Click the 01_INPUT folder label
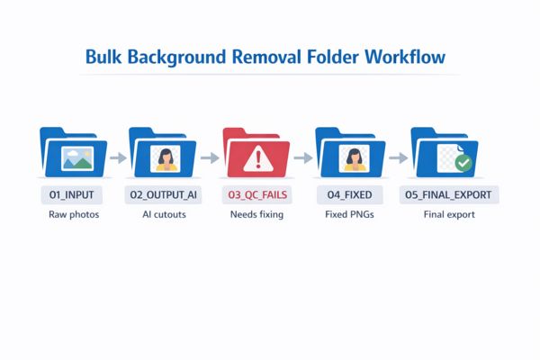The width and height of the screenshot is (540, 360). click(x=72, y=194)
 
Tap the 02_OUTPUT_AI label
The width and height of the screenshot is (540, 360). click(x=164, y=194)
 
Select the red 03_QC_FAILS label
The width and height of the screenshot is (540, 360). click(x=257, y=194)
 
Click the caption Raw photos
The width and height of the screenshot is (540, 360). click(x=72, y=216)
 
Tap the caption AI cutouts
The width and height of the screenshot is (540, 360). click(x=164, y=216)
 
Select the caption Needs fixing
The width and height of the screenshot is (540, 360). click(x=257, y=216)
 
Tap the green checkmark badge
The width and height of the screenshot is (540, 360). click(x=463, y=164)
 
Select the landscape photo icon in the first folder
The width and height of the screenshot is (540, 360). click(x=76, y=159)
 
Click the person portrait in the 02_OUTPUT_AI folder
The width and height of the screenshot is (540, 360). click(x=165, y=158)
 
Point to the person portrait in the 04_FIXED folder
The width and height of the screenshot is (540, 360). click(x=352, y=158)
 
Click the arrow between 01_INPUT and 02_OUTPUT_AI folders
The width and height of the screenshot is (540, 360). click(x=117, y=157)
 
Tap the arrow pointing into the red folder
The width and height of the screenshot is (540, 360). click(x=210, y=157)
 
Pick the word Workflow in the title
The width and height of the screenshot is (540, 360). click(x=404, y=57)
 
